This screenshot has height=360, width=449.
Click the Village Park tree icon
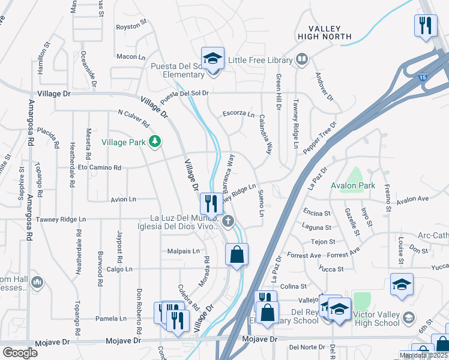pos(156,142)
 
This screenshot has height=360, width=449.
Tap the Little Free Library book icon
pos(302,59)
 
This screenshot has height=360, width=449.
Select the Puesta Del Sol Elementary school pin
pos(212,59)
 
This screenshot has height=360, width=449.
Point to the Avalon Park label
pos(353,185)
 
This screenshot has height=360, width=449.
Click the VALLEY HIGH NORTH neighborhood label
pos(324,32)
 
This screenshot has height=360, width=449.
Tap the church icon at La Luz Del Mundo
pos(227,222)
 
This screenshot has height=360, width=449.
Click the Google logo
pos(20,352)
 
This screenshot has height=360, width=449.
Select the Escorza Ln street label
pos(238,113)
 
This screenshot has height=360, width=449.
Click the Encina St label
pos(317,213)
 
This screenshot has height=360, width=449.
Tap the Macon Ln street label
pos(127,56)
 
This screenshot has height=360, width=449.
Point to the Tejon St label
pos(323,242)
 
